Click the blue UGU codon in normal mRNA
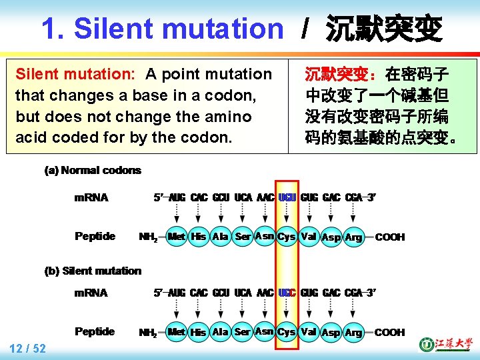tap(287, 197)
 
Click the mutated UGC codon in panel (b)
tap(287, 293)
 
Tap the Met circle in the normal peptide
tap(177, 237)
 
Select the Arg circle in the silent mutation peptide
tap(353, 332)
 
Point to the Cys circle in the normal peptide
tap(287, 237)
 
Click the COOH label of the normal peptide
tap(390, 237)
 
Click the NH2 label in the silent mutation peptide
tap(148, 332)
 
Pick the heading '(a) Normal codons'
tap(93, 170)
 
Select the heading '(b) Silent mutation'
tap(93, 271)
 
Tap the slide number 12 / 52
tap(27, 348)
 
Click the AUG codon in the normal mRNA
tap(177, 197)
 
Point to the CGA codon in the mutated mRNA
tap(356, 293)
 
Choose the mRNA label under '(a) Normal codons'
tap(91, 197)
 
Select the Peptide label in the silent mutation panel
tap(95, 331)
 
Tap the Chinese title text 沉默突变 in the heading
tap(383, 29)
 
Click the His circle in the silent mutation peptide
tap(198, 332)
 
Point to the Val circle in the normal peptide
tap(309, 237)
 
